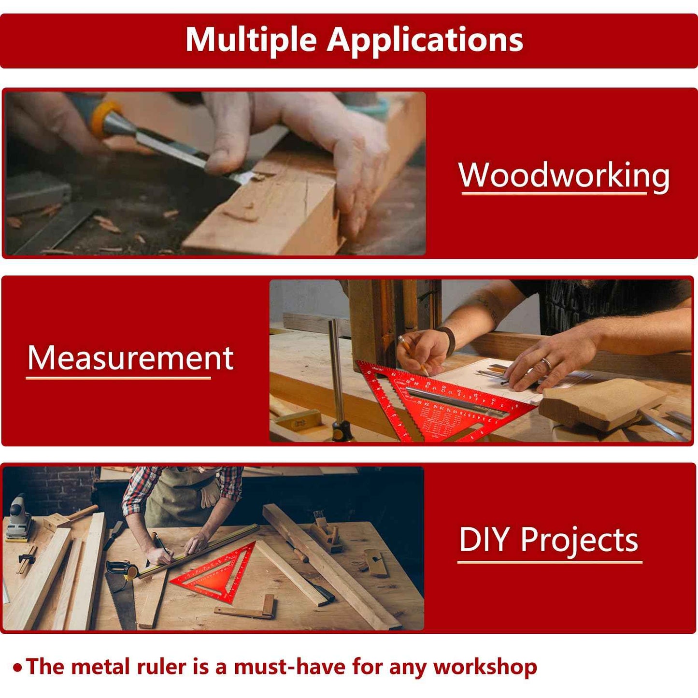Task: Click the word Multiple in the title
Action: pos(251,40)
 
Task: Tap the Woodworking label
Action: pos(564,175)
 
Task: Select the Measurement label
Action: pos(130,358)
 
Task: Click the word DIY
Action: pos(484,540)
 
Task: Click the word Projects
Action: pos(579,541)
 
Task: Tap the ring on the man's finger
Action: pos(546,364)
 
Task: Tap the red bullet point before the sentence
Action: pos(18,668)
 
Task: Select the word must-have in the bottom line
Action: pos(289,667)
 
